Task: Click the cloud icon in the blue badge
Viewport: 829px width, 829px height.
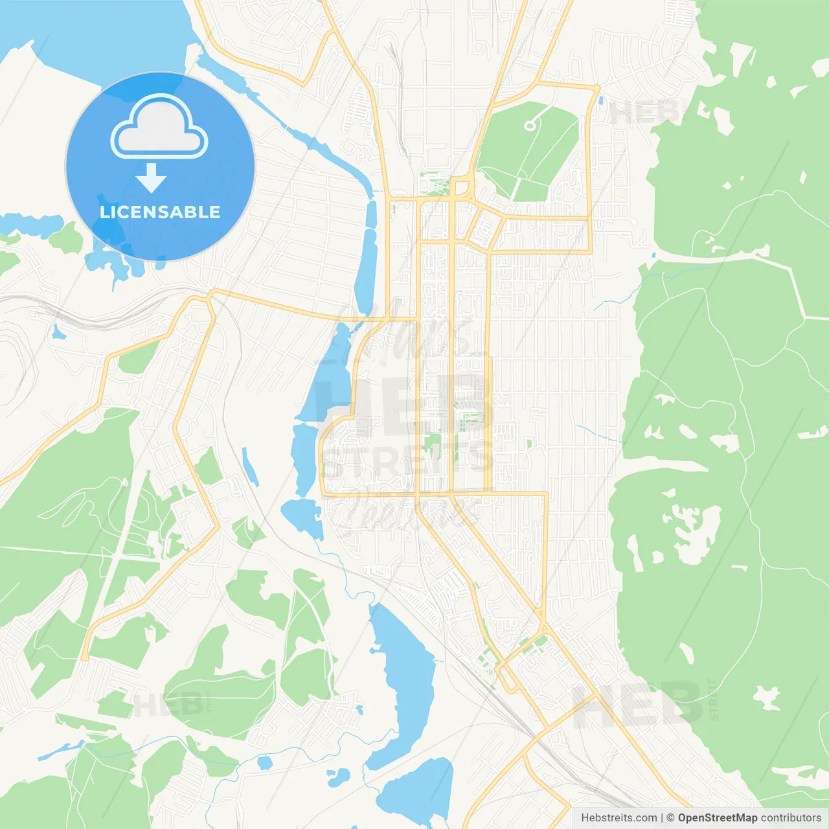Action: pyautogui.click(x=159, y=127)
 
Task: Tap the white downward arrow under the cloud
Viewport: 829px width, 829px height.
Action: pyautogui.click(x=151, y=177)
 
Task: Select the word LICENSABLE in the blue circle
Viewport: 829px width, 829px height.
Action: pyautogui.click(x=160, y=212)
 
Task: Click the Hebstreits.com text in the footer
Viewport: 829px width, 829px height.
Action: pyautogui.click(x=619, y=818)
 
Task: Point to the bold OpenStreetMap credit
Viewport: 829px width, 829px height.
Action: pyautogui.click(x=717, y=818)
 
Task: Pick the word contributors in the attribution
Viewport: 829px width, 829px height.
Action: pyautogui.click(x=791, y=818)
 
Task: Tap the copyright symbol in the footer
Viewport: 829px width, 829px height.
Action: pyautogui.click(x=670, y=818)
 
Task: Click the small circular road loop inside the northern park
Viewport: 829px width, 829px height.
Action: pyautogui.click(x=529, y=125)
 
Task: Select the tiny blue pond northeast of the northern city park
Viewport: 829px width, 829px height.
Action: pyautogui.click(x=601, y=100)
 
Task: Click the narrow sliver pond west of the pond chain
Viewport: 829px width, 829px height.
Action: pyautogui.click(x=250, y=466)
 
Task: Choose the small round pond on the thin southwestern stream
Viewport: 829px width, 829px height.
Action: pyautogui.click(x=264, y=762)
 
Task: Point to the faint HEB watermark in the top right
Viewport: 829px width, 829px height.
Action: pyautogui.click(x=644, y=112)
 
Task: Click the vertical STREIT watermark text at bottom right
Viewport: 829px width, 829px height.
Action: pyautogui.click(x=714, y=699)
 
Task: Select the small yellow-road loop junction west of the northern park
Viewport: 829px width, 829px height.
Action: pyautogui.click(x=461, y=188)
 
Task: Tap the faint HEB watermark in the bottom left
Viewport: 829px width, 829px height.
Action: pyautogui.click(x=172, y=705)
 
